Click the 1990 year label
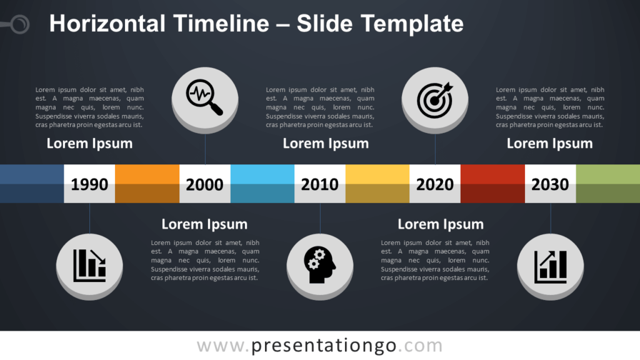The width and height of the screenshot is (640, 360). (89, 184)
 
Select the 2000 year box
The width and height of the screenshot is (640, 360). (205, 184)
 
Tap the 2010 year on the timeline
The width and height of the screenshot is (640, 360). (319, 184)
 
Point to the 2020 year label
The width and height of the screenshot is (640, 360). (435, 184)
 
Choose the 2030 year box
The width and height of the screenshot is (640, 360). (550, 184)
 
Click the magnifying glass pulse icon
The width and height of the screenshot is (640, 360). (204, 97)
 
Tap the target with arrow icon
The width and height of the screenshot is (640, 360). (435, 100)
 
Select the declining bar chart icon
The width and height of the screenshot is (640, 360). (89, 265)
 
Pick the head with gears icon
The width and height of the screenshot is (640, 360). (319, 264)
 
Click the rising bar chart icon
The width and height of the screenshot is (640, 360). (550, 266)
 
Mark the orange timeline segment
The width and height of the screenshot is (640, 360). (147, 184)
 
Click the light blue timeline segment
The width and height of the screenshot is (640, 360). (262, 184)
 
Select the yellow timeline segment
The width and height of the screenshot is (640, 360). (377, 184)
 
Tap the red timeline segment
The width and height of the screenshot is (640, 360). (492, 184)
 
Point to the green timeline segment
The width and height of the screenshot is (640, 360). (608, 184)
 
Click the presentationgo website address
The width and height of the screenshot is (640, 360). (319, 346)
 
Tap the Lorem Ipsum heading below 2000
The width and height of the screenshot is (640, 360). (204, 224)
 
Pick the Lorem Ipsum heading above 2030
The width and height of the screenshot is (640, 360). (550, 144)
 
